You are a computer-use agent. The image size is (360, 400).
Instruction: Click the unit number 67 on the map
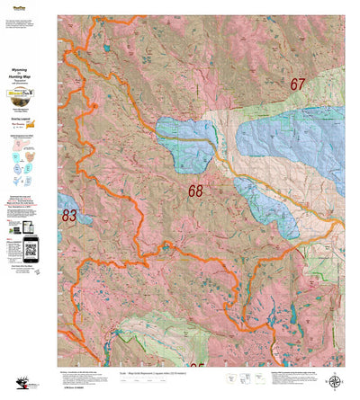(x=299, y=84)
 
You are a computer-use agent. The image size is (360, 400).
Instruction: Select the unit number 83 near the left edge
(x=68, y=216)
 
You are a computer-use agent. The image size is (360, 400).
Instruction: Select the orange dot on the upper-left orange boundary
(x=95, y=107)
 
